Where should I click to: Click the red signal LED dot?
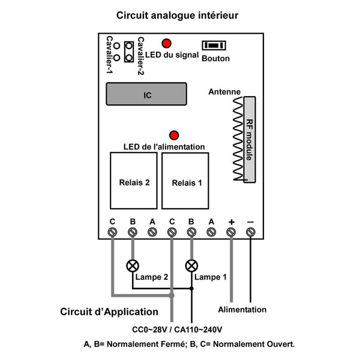pos(166,43)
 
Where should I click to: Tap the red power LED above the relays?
pos(174,135)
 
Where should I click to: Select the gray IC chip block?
pos(146,94)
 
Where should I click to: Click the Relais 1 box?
pos(185,181)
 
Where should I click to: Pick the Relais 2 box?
pos(134,181)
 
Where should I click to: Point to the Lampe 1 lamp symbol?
pos(191,266)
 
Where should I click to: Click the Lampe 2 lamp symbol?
pos(133,266)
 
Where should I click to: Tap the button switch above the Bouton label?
pos(214,45)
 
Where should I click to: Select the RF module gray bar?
pos(250,140)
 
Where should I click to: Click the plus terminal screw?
pos(231,232)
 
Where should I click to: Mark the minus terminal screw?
pos(250,232)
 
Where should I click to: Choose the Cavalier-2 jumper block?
pos(129,52)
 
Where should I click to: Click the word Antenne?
pos(224,92)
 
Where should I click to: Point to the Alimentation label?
pos(242,310)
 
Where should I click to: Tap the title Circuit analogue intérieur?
pos(177,16)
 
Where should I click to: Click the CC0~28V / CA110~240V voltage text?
pos(177,329)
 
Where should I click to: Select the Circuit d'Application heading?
pos(109,312)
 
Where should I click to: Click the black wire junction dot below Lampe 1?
pos(191,289)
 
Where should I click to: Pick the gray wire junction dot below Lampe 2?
pos(172,296)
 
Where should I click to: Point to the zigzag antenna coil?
pos(238,139)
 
